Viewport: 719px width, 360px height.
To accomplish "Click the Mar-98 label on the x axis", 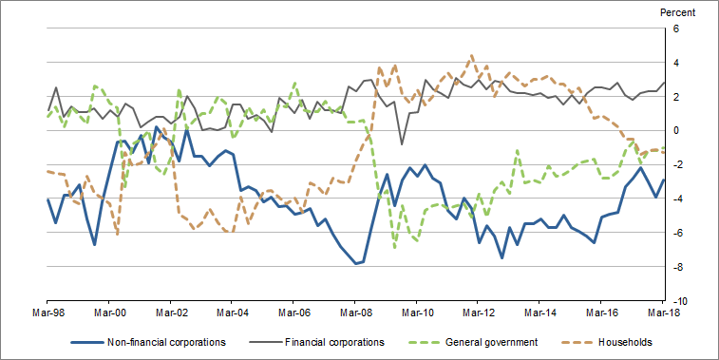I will pos(47,311).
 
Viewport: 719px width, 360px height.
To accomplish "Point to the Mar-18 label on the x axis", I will pos(663,311).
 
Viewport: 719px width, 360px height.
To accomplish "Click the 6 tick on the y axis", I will pos(676,28).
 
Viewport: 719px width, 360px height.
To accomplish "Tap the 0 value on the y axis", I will pos(676,130).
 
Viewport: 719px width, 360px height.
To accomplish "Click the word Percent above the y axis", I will pos(676,12).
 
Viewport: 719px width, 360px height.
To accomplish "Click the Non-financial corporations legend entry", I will pos(166,342).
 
